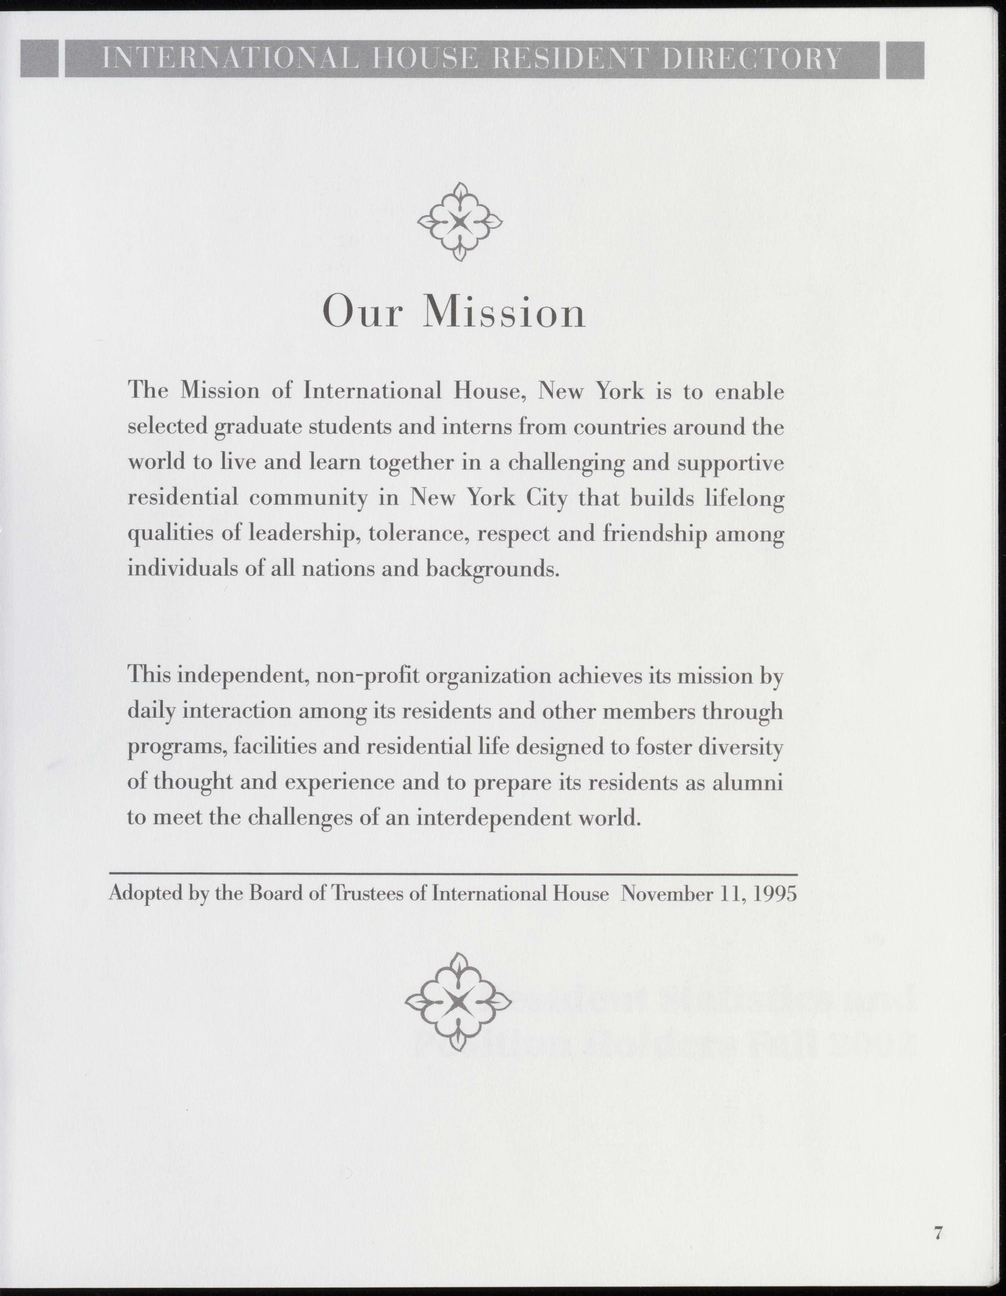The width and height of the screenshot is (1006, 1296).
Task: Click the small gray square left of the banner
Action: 39,59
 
